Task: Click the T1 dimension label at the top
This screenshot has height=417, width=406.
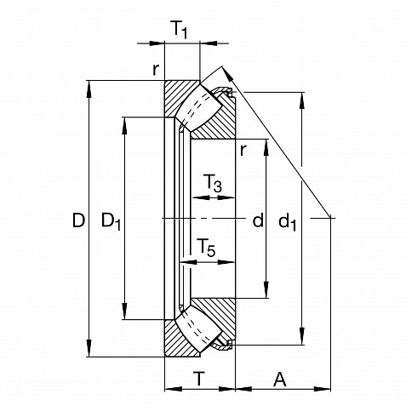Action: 180,29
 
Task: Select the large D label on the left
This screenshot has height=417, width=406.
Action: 78,220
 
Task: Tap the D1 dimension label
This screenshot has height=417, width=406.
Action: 111,221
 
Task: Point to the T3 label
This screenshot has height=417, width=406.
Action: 213,183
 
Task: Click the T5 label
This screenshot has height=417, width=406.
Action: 206,247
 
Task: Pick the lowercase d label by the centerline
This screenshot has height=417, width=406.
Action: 258,220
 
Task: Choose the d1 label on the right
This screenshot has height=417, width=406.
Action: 288,222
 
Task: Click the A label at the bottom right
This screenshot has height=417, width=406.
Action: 280,380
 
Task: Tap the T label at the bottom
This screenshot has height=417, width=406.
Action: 199,379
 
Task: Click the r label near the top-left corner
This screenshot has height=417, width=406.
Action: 156,70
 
